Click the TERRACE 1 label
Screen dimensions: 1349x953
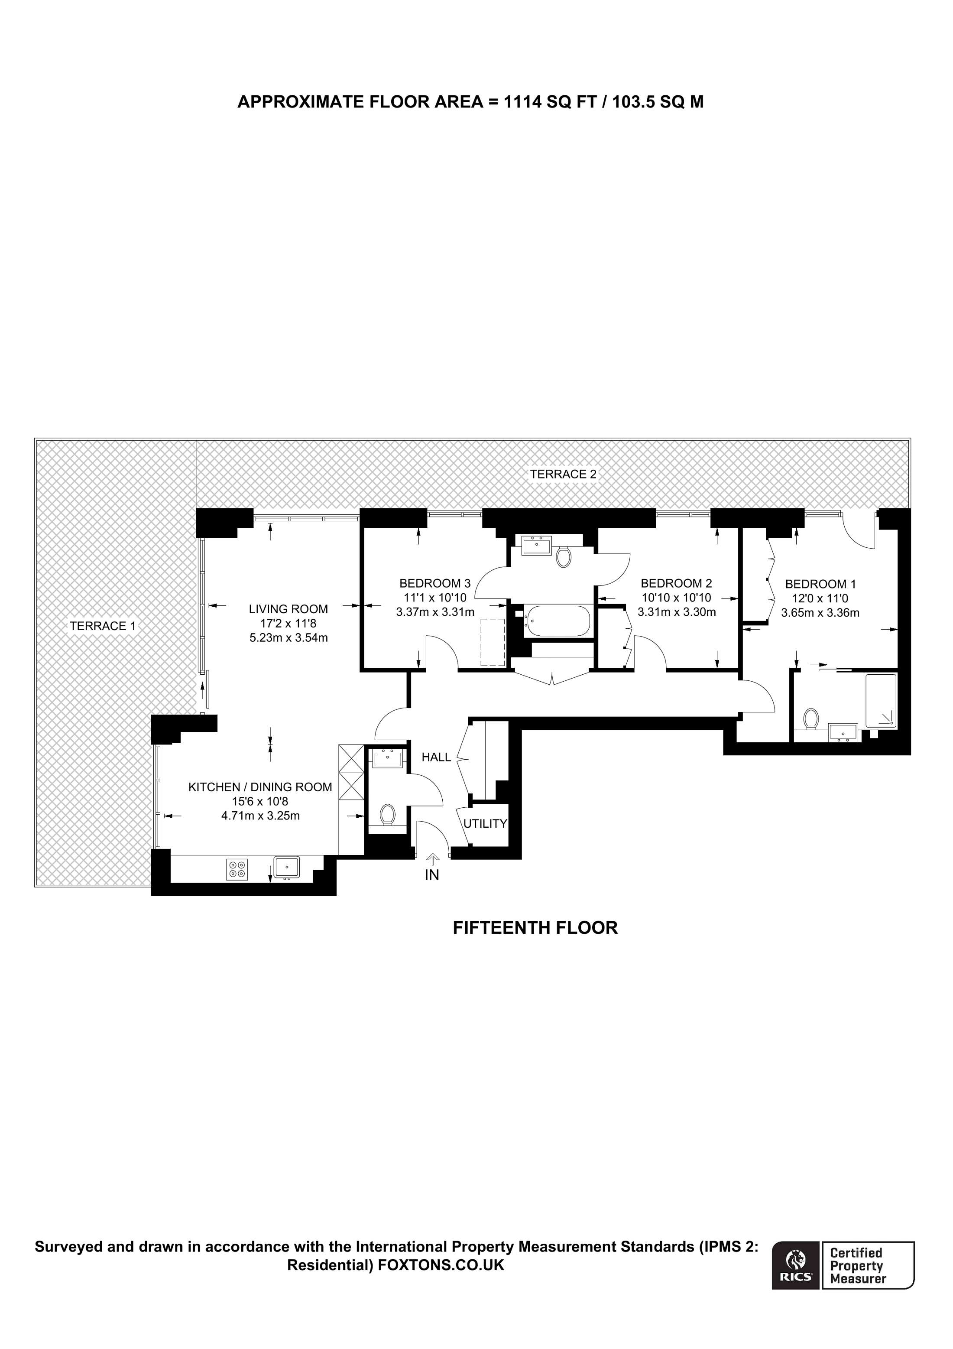point(102,626)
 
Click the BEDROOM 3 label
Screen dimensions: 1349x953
point(434,583)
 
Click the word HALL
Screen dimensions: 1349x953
point(436,757)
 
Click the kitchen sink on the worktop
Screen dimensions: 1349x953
point(286,867)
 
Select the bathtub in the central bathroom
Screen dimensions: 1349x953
point(558,621)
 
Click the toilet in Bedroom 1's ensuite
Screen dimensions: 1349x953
point(811,718)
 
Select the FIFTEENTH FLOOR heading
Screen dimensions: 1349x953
point(535,928)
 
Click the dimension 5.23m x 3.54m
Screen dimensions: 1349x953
point(288,637)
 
